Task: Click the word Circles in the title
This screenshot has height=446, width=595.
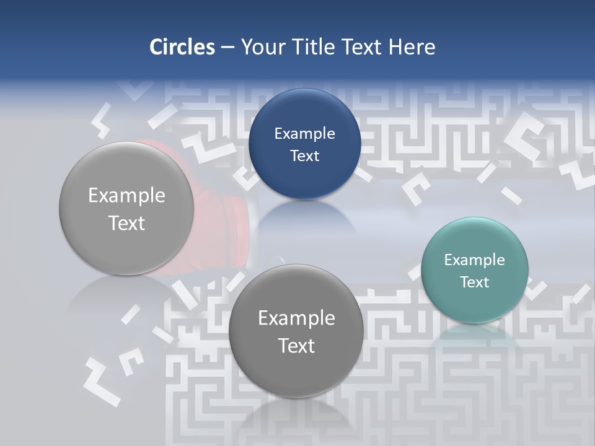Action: click(182, 47)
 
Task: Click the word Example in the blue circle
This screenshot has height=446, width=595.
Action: click(305, 134)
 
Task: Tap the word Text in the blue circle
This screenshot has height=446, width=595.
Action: click(305, 156)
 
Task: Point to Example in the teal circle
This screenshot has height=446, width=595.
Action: click(475, 260)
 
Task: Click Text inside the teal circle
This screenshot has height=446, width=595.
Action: click(475, 282)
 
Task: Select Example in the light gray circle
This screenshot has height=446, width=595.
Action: click(126, 196)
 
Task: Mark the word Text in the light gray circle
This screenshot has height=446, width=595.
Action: click(126, 223)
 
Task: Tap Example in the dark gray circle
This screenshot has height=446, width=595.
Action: click(296, 318)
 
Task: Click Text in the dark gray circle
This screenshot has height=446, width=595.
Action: click(296, 346)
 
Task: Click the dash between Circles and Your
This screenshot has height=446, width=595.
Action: click(227, 48)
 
